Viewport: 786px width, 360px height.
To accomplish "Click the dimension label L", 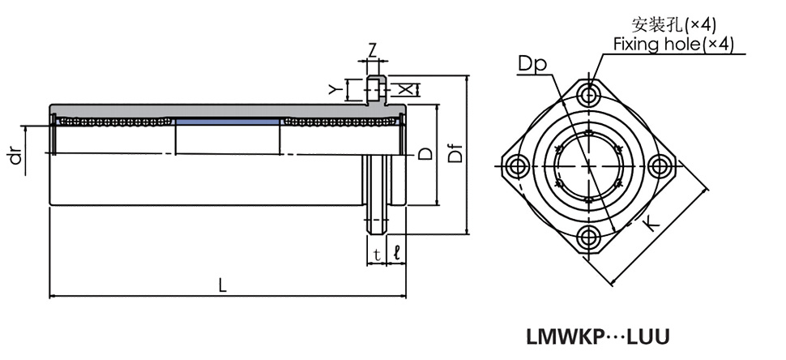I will click(221, 285).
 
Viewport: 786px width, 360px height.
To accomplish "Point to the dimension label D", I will click(424, 153).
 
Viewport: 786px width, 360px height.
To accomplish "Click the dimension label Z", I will click(372, 49).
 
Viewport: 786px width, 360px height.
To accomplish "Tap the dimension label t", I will click(377, 254).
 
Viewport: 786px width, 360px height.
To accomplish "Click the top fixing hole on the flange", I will click(589, 92).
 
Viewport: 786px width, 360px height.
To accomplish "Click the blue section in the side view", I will click(227, 122).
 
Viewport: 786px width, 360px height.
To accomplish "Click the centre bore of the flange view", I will click(589, 165).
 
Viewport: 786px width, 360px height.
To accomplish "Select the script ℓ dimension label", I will click(395, 254).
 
